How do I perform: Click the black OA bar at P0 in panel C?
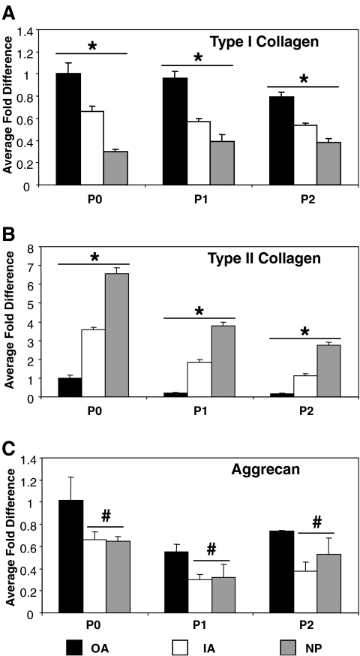pyautogui.click(x=69, y=556)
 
